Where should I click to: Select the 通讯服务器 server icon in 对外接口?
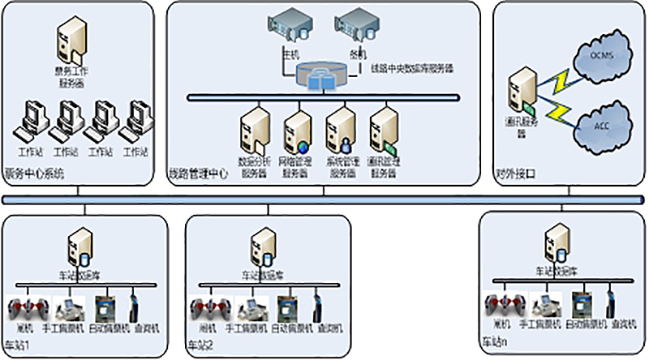(x=518, y=91)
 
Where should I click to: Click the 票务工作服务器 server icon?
(x=71, y=42)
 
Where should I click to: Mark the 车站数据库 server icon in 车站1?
(x=80, y=246)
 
